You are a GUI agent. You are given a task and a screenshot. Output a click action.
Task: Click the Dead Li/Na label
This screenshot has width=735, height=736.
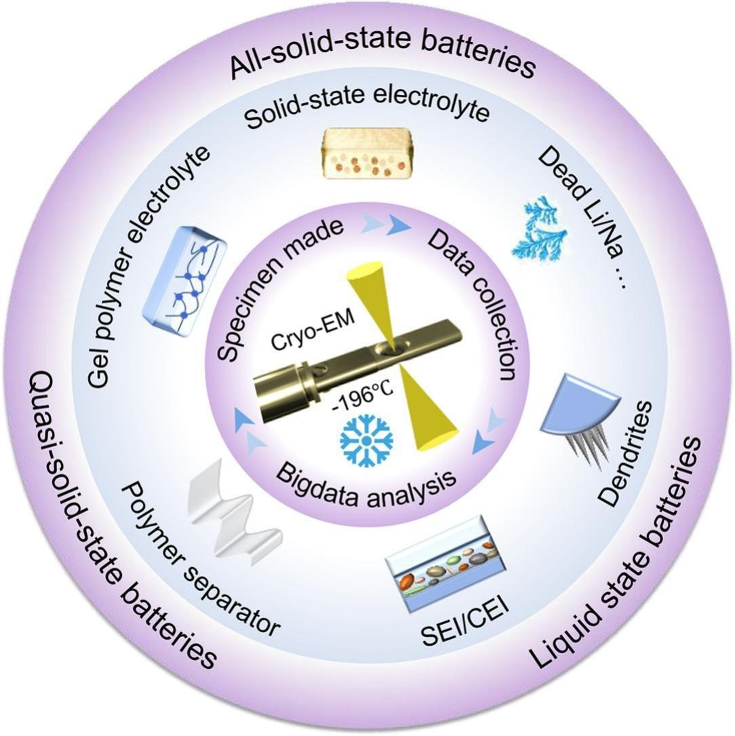(581, 217)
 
